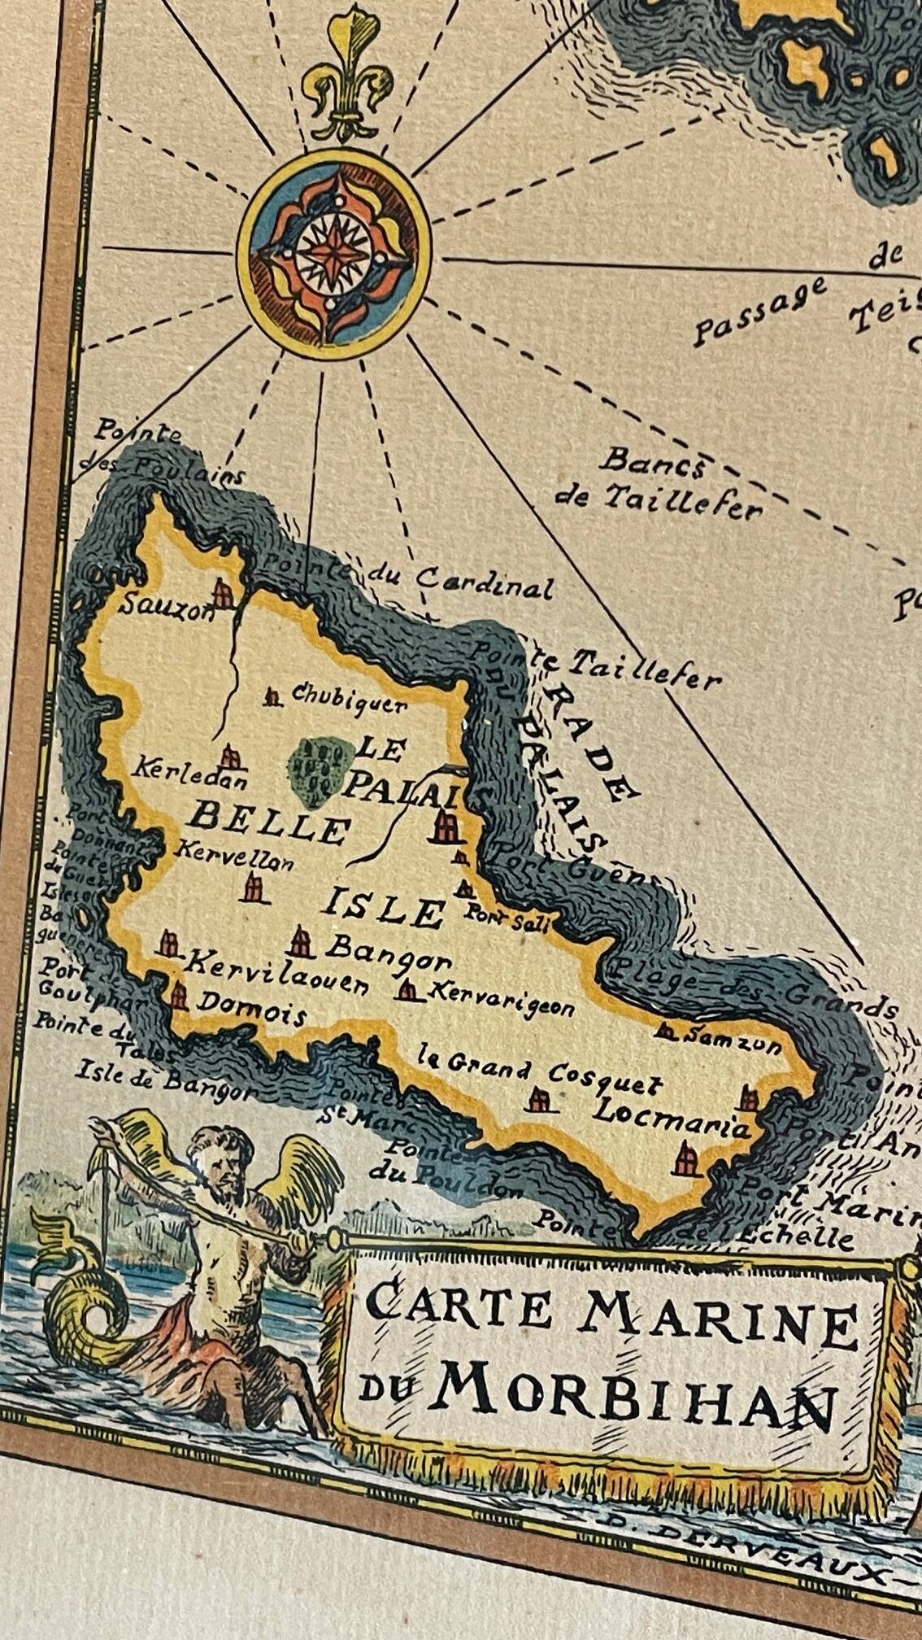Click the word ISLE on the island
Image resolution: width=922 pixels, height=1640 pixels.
(x=384, y=909)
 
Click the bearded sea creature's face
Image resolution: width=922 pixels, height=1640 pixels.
(x=220, y=1162)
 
